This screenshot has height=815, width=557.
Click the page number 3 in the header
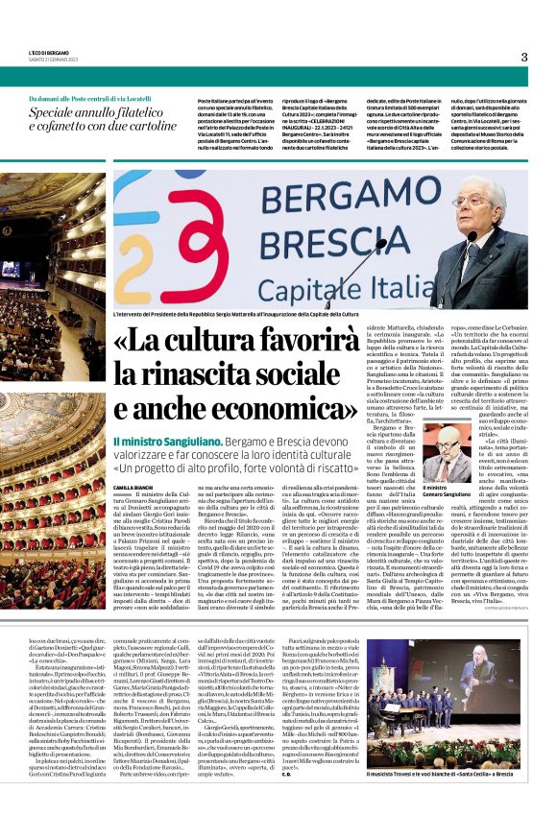click(523, 57)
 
